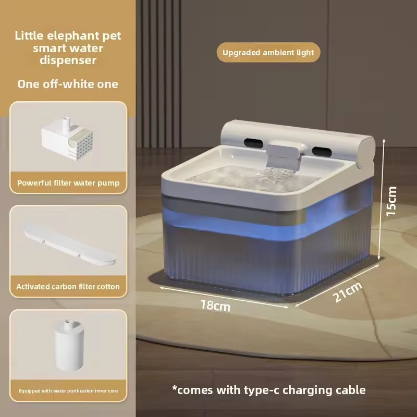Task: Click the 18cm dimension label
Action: point(215,305)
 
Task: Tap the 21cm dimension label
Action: point(347,292)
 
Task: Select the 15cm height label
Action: point(391,201)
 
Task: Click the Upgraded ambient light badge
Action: point(268,53)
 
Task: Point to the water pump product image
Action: point(68,139)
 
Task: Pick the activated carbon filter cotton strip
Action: point(70,244)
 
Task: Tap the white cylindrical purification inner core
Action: point(69,345)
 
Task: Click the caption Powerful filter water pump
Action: point(68,183)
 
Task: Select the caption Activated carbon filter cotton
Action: point(68,287)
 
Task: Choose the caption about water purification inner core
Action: point(68,390)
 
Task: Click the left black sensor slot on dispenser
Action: point(253,144)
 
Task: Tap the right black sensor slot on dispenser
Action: point(322,152)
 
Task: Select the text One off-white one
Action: point(68,84)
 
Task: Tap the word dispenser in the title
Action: point(68,60)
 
